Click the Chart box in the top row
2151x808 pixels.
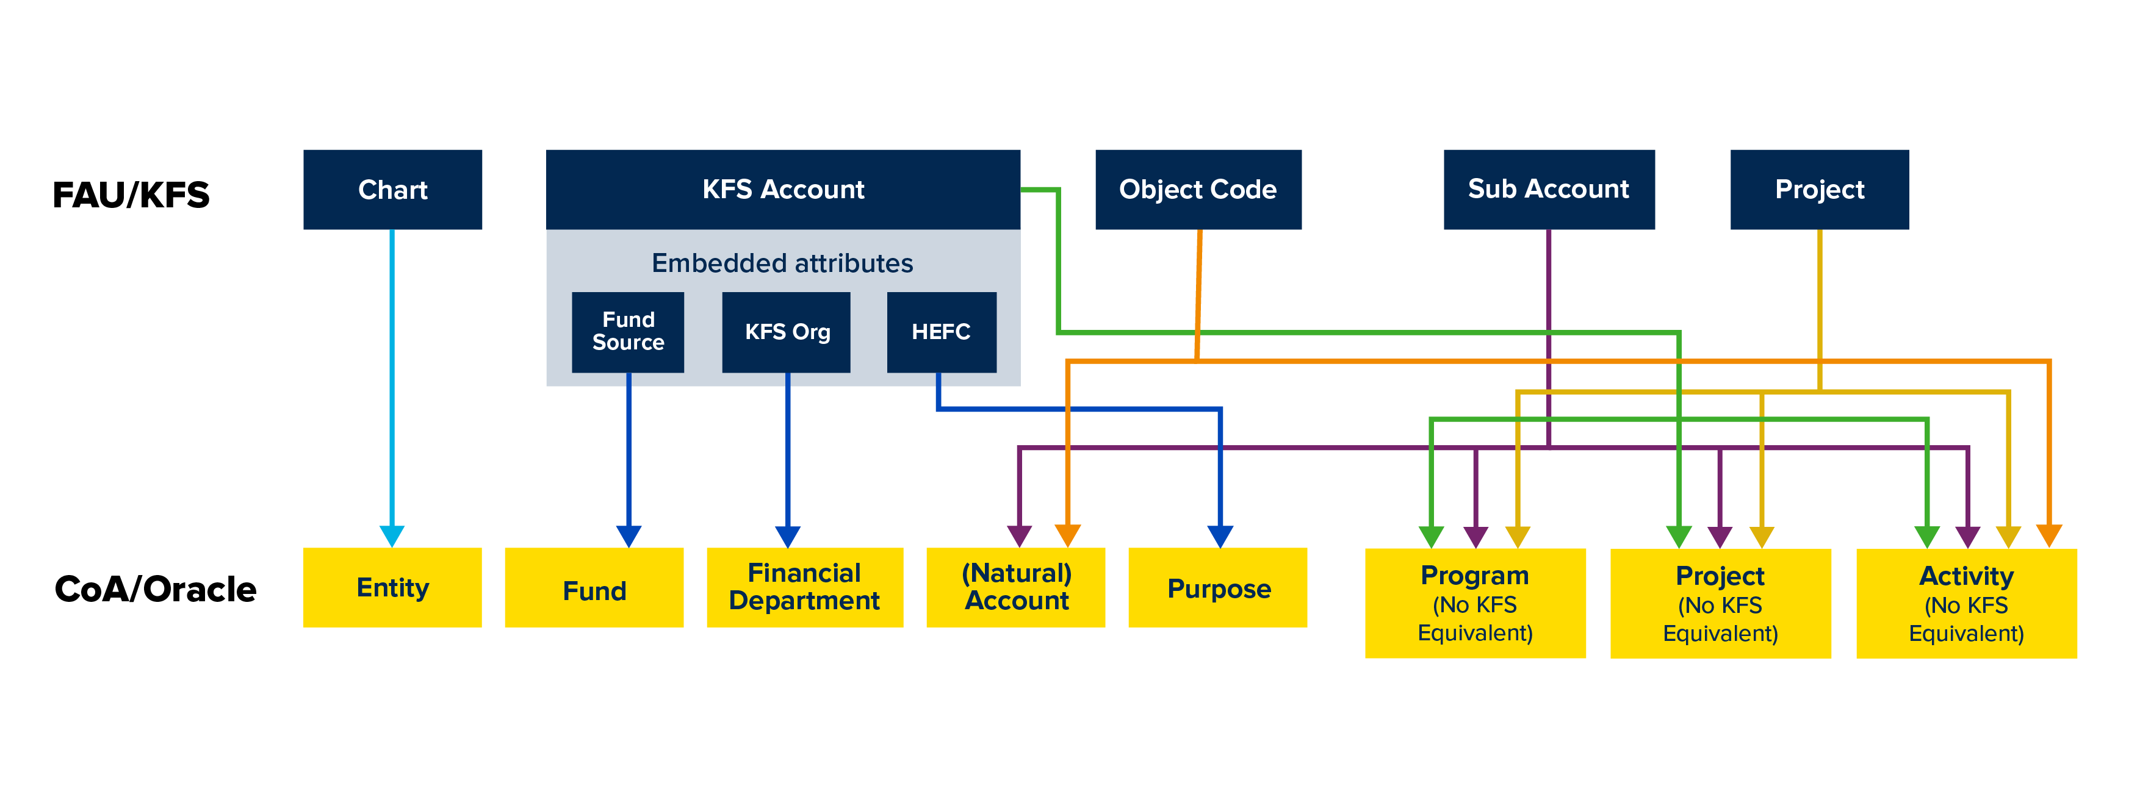tap(392, 190)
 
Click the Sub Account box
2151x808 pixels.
tap(1548, 190)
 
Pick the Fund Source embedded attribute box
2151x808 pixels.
tap(628, 331)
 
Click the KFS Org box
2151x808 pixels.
tap(786, 331)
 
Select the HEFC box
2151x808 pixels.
tap(941, 331)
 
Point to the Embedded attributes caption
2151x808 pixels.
tap(782, 263)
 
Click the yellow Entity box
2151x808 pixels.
tap(392, 588)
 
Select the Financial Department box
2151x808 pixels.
tap(804, 588)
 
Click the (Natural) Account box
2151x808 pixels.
tap(1015, 588)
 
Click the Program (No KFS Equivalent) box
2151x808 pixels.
tap(1475, 602)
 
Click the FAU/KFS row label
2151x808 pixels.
tap(131, 195)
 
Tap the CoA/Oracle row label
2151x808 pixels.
tap(156, 588)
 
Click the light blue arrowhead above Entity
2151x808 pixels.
tap(392, 535)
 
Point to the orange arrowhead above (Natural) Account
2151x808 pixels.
tap(1068, 534)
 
